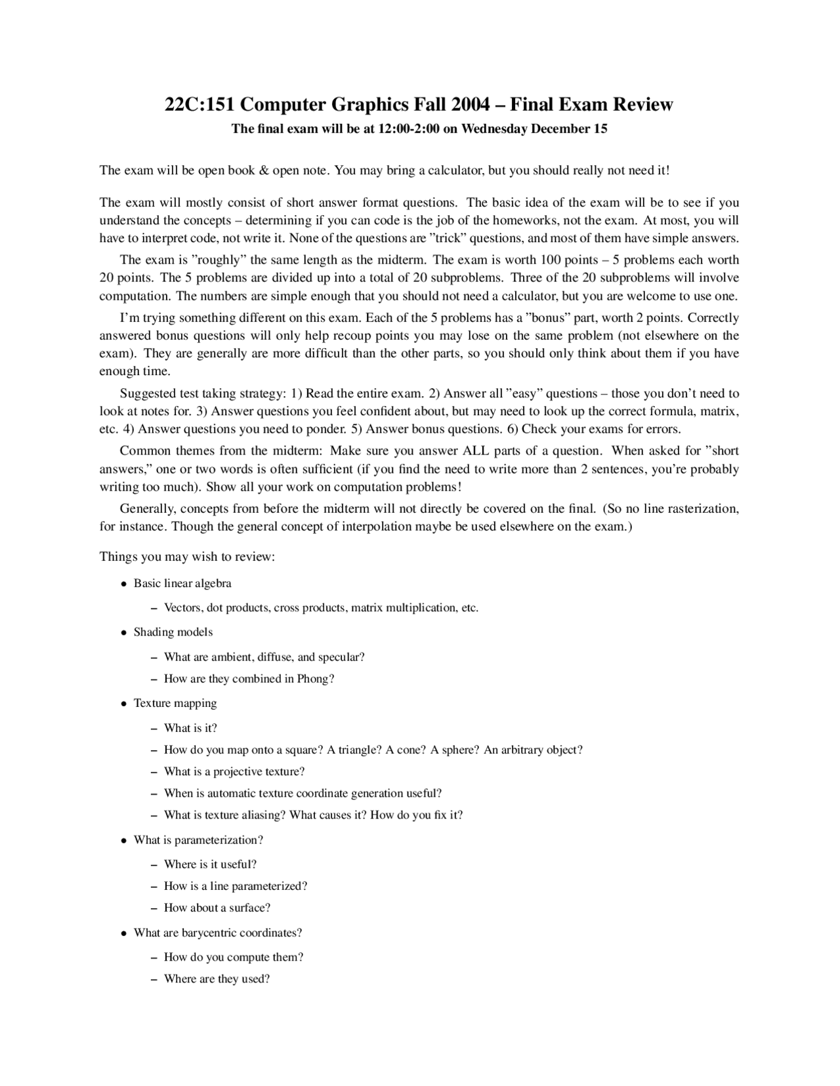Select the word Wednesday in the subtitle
[494, 129]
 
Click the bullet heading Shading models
[173, 632]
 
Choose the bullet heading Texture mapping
[175, 703]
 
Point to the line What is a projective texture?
[234, 771]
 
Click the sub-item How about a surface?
[217, 908]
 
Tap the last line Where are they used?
[217, 979]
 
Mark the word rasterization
[703, 509]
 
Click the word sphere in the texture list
[457, 750]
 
